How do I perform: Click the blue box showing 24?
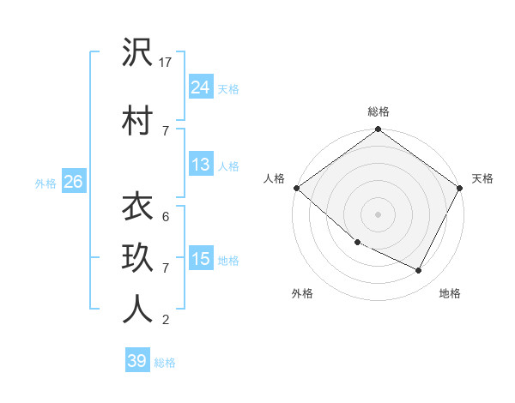[x=201, y=87]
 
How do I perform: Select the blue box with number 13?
[x=201, y=165]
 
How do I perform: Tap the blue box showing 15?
[x=201, y=259]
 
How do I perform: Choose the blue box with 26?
[x=73, y=182]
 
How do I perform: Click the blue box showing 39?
[x=137, y=361]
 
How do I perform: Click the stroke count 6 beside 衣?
[x=165, y=217]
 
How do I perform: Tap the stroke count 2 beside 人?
[x=165, y=320]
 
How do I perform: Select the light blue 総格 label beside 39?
[x=165, y=363]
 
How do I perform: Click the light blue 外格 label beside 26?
[x=45, y=183]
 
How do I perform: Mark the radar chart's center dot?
[x=378, y=214]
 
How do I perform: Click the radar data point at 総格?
[x=378, y=130]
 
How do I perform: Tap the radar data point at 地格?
[x=419, y=271]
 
